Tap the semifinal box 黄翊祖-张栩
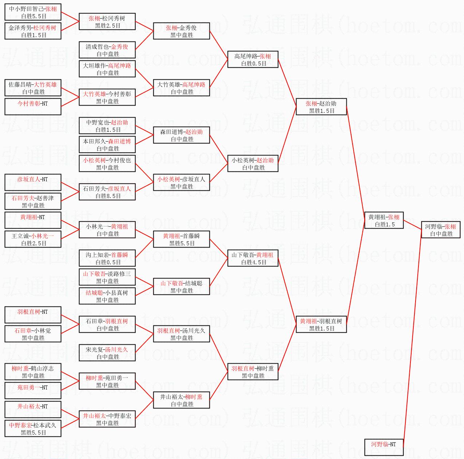click(x=384, y=220)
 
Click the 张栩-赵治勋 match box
click(x=321, y=107)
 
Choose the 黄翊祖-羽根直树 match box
click(x=321, y=324)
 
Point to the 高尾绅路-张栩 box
click(x=253, y=59)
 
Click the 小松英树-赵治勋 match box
click(x=253, y=163)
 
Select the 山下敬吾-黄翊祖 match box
click(x=253, y=258)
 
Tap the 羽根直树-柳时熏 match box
click(x=253, y=372)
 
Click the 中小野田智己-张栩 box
click(x=33, y=12)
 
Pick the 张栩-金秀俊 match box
click(x=181, y=31)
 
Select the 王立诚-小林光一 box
click(x=33, y=239)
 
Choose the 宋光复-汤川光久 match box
click(x=107, y=353)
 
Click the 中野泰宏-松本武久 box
click(x=33, y=428)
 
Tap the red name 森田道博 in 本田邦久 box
click(x=119, y=141)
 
